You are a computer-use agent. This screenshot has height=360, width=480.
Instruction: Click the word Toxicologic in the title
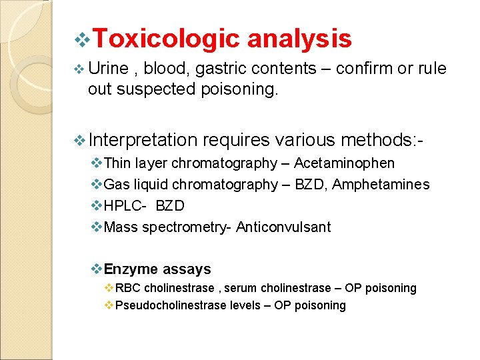[167, 39]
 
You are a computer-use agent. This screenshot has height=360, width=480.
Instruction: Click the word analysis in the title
[299, 39]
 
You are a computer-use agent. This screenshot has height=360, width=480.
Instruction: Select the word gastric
[219, 69]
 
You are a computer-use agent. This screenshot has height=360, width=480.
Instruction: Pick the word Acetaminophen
[344, 163]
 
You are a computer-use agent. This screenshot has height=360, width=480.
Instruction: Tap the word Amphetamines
[381, 185]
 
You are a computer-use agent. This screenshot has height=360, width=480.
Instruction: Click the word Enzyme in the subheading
[131, 269]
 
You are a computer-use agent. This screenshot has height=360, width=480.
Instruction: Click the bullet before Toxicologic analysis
[83, 40]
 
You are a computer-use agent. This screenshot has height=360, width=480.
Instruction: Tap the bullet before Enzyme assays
[96, 269]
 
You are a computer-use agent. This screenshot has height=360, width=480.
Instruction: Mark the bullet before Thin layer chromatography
[97, 163]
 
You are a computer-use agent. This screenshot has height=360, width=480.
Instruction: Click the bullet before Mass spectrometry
[97, 227]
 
